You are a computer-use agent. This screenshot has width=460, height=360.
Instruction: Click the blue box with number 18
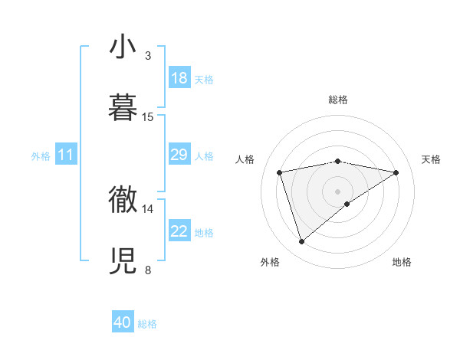(179, 78)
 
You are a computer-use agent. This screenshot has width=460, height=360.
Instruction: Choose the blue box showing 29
(179, 155)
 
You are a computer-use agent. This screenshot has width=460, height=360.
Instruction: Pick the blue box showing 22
(179, 232)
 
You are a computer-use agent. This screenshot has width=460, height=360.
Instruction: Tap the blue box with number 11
(66, 155)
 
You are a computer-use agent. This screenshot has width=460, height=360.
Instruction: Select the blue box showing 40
(123, 323)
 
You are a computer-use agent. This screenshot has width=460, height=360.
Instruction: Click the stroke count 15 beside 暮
(148, 117)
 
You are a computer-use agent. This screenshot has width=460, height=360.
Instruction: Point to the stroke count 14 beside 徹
(148, 208)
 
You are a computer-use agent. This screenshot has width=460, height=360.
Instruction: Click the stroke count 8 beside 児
(147, 270)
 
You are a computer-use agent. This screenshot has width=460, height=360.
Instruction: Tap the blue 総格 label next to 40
(148, 324)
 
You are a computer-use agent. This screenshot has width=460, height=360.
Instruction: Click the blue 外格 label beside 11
(41, 156)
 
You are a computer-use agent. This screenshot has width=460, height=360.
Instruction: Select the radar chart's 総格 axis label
(338, 100)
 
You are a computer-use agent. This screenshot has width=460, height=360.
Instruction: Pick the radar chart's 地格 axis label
(402, 262)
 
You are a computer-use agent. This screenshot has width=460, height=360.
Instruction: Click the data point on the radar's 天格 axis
(396, 172)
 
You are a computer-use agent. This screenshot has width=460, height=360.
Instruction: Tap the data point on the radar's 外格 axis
(301, 242)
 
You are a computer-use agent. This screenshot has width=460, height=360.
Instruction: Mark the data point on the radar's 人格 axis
(279, 172)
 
